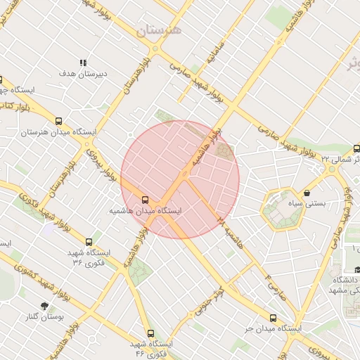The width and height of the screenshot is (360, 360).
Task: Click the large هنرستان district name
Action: (158, 30)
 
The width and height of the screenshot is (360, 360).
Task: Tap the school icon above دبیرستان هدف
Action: (84, 63)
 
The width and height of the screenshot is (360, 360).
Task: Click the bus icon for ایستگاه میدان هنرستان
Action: (58, 121)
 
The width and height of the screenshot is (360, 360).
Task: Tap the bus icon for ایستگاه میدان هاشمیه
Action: (145, 200)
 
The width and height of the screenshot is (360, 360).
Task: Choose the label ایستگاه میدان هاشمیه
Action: (145, 211)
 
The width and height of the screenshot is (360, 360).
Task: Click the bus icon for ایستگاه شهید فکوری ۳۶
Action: (88, 242)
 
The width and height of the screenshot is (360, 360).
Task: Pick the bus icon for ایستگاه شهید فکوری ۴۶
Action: (150, 333)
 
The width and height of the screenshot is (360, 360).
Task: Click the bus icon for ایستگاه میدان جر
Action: (273, 318)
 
